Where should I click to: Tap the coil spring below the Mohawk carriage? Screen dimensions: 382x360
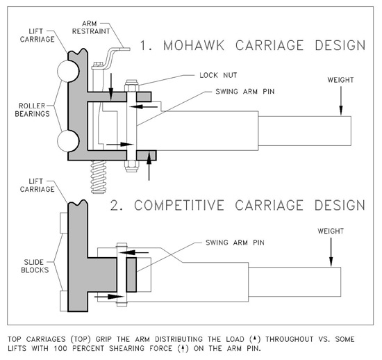coord(99,177)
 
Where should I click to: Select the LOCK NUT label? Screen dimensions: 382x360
coord(218,75)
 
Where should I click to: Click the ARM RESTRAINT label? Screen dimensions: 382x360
coord(91,27)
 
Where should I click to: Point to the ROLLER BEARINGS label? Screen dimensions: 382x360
coord(32,110)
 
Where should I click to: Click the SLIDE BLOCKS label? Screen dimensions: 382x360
coord(35,266)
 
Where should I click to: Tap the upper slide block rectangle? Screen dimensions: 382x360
coord(64,223)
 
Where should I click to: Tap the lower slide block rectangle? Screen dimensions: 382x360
coord(64,301)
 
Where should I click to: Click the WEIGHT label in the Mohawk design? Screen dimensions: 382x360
coord(340,80)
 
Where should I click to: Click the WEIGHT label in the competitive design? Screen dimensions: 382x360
coord(331,231)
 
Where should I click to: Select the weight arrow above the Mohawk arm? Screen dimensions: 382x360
coord(341,101)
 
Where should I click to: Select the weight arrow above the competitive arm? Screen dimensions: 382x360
coord(331,252)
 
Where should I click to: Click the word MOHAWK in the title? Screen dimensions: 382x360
coord(194,45)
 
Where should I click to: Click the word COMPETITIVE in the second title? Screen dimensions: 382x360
coord(179,205)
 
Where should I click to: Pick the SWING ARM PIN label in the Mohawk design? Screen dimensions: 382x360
coord(245,92)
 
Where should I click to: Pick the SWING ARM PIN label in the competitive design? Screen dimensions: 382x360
coord(235,243)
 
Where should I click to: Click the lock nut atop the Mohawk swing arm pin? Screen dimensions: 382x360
coord(132,85)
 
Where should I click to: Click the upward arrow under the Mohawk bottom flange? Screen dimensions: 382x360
coord(149,165)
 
